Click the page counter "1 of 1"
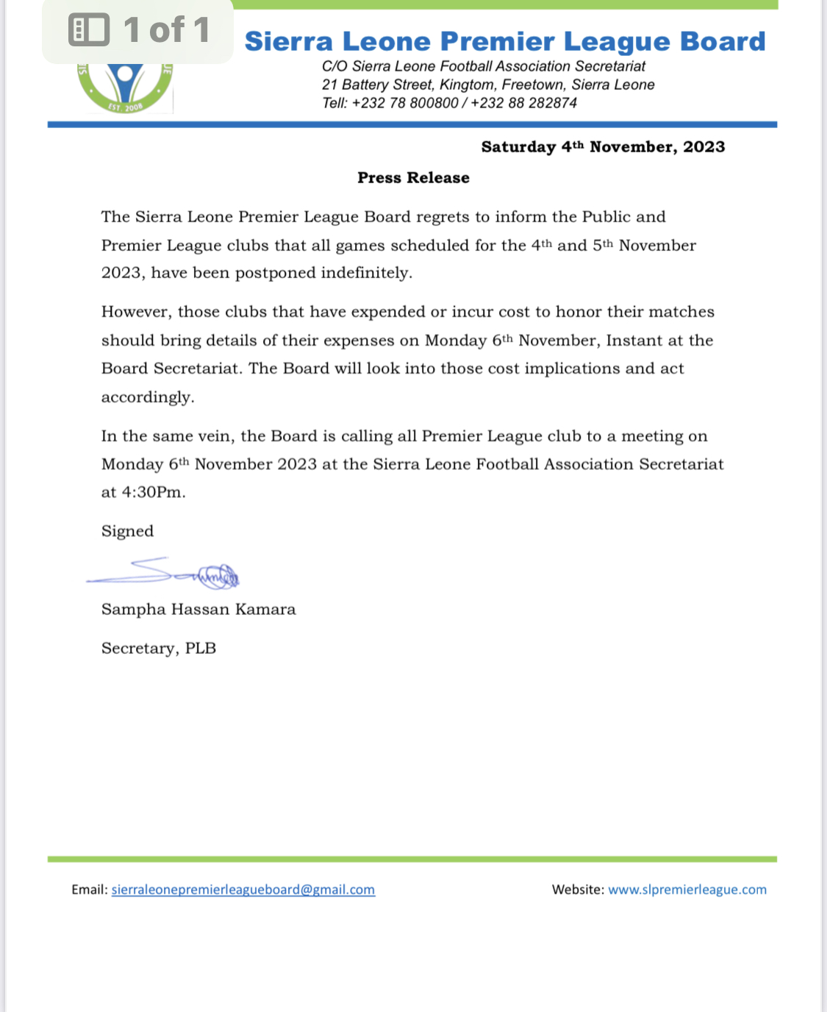pos(167,30)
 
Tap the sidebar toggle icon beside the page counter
pos(89,30)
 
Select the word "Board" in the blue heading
pos(723,42)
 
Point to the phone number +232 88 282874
pos(524,103)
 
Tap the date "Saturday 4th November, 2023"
pos(603,147)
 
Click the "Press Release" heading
pos(413,178)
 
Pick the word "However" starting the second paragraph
pos(136,312)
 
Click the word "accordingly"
pos(148,397)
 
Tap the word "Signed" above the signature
pos(127,531)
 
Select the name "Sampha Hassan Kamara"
pos(198,609)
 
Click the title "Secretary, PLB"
pos(159,648)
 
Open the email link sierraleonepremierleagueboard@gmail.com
pos(243,889)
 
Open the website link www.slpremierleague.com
pos(687,889)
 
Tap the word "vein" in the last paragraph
pos(214,436)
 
